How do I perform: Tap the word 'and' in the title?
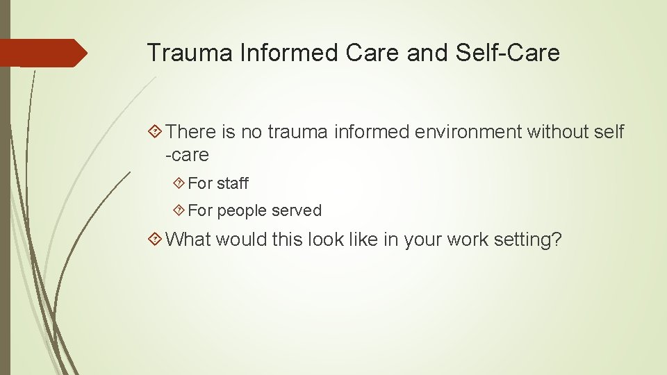425,53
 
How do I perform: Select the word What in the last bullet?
189,240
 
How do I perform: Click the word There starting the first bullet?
192,131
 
